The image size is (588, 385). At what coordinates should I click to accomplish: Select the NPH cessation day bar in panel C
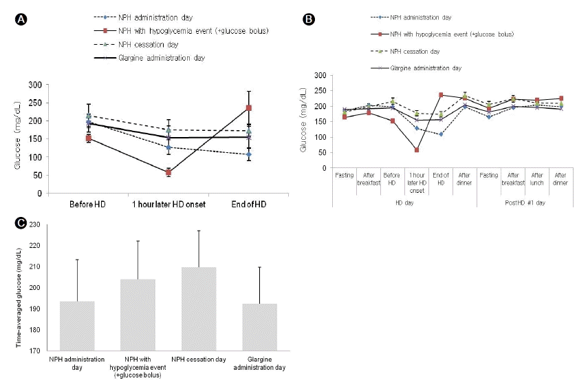(x=199, y=309)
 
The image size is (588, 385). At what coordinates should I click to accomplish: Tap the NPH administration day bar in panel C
(x=76, y=326)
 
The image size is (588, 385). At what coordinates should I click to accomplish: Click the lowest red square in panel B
(x=417, y=149)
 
